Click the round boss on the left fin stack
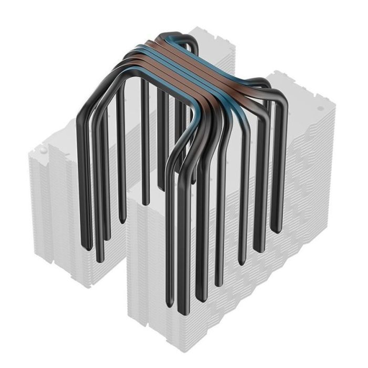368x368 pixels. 43,149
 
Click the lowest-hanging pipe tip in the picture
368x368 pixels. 181,311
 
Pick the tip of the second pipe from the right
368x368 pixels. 259,247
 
